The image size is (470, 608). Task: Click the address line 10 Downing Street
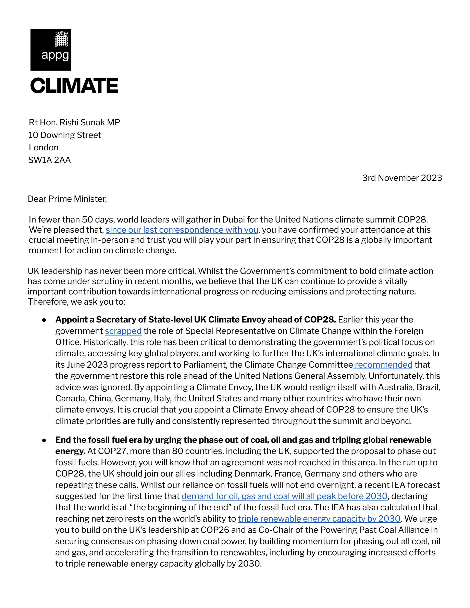[65, 135]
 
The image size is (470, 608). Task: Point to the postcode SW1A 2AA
[50, 160]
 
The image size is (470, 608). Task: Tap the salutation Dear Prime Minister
[67, 199]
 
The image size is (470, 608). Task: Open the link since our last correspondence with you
[182, 230]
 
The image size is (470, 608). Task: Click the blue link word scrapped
[123, 331]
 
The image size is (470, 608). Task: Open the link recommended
[383, 365]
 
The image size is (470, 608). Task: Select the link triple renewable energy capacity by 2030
[319, 519]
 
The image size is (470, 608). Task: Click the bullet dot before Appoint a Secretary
[44, 320]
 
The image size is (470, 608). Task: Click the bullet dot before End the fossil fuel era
[44, 440]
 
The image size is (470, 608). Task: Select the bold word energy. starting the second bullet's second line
[70, 451]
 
